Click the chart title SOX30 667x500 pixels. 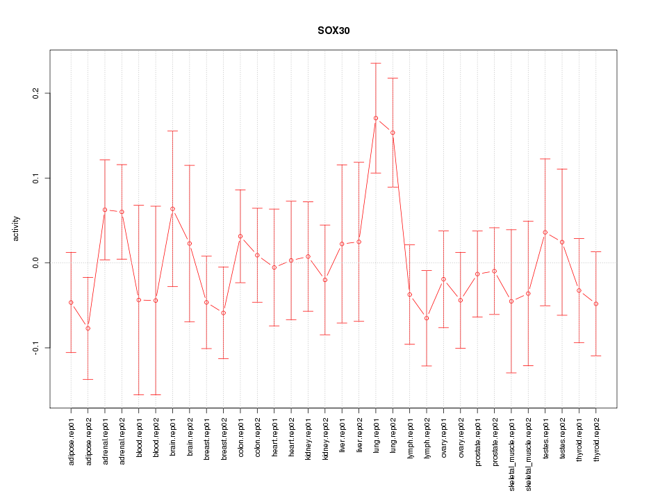[x=333, y=31]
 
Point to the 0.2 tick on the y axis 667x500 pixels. [x=34, y=93]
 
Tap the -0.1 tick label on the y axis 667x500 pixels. [x=34, y=347]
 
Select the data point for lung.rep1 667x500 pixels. [x=376, y=118]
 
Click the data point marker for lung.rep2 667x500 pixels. [x=393, y=133]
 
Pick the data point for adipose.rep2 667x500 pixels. [x=88, y=328]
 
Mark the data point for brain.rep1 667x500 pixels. [x=172, y=209]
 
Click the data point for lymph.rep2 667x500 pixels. [x=427, y=318]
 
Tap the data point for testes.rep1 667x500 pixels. [x=545, y=232]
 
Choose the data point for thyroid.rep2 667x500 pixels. [x=596, y=304]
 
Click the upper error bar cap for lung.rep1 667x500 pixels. [x=376, y=63]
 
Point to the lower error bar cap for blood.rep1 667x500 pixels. [x=139, y=394]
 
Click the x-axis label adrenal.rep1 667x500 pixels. [x=105, y=440]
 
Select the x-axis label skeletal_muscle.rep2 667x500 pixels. [x=529, y=452]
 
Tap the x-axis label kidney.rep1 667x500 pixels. [x=308, y=439]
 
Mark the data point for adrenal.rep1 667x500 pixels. [x=105, y=210]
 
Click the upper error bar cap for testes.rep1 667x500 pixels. [x=545, y=159]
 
